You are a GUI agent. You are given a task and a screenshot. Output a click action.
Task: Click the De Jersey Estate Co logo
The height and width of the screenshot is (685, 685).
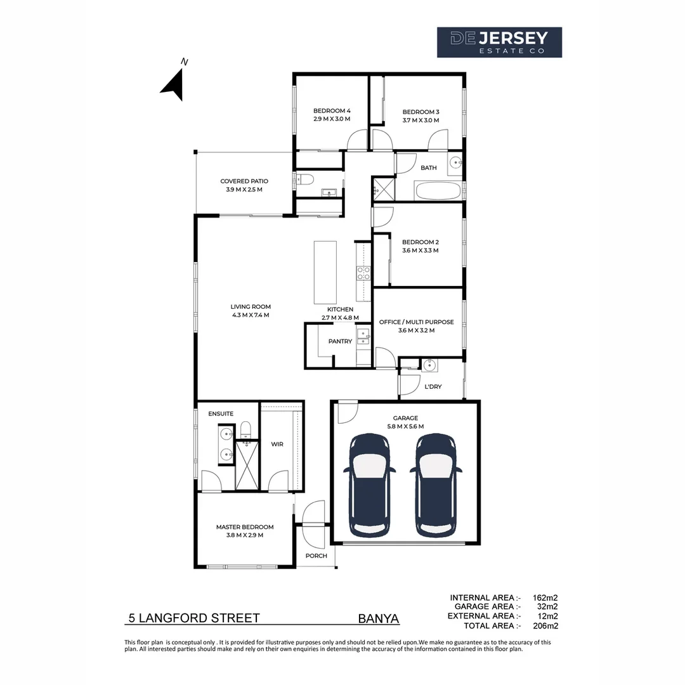(x=499, y=42)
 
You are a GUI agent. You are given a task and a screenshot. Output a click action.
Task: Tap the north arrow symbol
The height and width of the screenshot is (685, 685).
(x=173, y=86)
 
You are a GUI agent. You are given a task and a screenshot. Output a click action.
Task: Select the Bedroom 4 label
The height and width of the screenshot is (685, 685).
(x=332, y=111)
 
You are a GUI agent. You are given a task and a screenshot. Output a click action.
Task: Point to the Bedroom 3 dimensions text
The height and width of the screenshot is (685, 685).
(x=421, y=120)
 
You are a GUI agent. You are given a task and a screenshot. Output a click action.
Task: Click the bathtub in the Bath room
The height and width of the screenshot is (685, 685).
(x=438, y=191)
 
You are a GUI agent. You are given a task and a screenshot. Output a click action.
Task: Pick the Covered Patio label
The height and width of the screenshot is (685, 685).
(x=244, y=181)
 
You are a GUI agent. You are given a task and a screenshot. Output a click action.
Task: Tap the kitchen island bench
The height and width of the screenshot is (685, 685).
(x=325, y=272)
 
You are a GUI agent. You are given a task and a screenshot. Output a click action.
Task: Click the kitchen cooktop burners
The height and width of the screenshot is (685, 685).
(x=363, y=273)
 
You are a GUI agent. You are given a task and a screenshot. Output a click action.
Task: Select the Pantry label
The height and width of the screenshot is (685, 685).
(x=340, y=341)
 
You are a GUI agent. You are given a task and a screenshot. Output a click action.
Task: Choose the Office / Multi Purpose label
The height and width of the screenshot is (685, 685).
(x=416, y=322)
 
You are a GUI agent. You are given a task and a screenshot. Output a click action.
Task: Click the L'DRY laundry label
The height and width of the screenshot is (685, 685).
(x=433, y=387)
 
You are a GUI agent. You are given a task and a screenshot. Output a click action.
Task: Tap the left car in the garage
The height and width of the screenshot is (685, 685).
(x=370, y=485)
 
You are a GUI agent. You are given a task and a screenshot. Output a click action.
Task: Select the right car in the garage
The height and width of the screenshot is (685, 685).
(x=436, y=485)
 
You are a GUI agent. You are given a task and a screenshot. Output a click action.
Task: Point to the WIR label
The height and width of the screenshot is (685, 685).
(x=277, y=444)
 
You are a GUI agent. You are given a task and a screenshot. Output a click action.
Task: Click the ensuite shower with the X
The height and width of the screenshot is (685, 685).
(x=247, y=466)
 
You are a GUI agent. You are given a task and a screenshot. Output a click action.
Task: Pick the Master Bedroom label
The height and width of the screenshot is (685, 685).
(x=245, y=527)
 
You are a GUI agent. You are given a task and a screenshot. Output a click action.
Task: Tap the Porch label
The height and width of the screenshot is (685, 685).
(x=316, y=556)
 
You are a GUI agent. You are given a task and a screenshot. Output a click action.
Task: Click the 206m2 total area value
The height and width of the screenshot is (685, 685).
(x=545, y=625)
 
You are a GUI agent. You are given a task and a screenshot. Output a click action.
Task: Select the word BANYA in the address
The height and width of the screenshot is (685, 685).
(x=378, y=618)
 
